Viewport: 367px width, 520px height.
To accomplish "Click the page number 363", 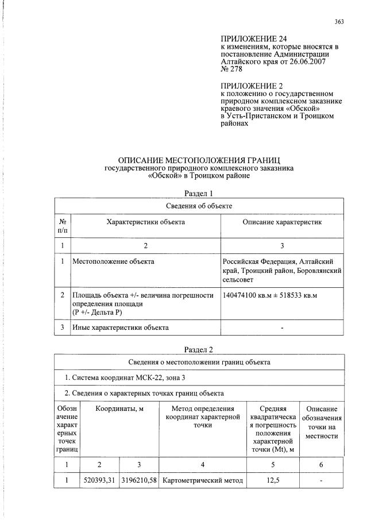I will pos(339,22).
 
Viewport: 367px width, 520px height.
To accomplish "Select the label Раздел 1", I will pos(199,193).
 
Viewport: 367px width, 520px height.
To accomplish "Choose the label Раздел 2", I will pos(199,349).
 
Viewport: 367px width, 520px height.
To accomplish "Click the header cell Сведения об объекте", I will pos(199,206).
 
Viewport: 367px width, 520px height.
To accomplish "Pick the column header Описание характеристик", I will pos(282,222).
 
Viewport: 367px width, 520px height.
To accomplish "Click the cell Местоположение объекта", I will pos(113,261).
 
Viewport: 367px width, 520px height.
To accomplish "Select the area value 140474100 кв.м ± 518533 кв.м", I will pos(270,295).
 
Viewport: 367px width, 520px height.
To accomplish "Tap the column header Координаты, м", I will pos(118,409).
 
